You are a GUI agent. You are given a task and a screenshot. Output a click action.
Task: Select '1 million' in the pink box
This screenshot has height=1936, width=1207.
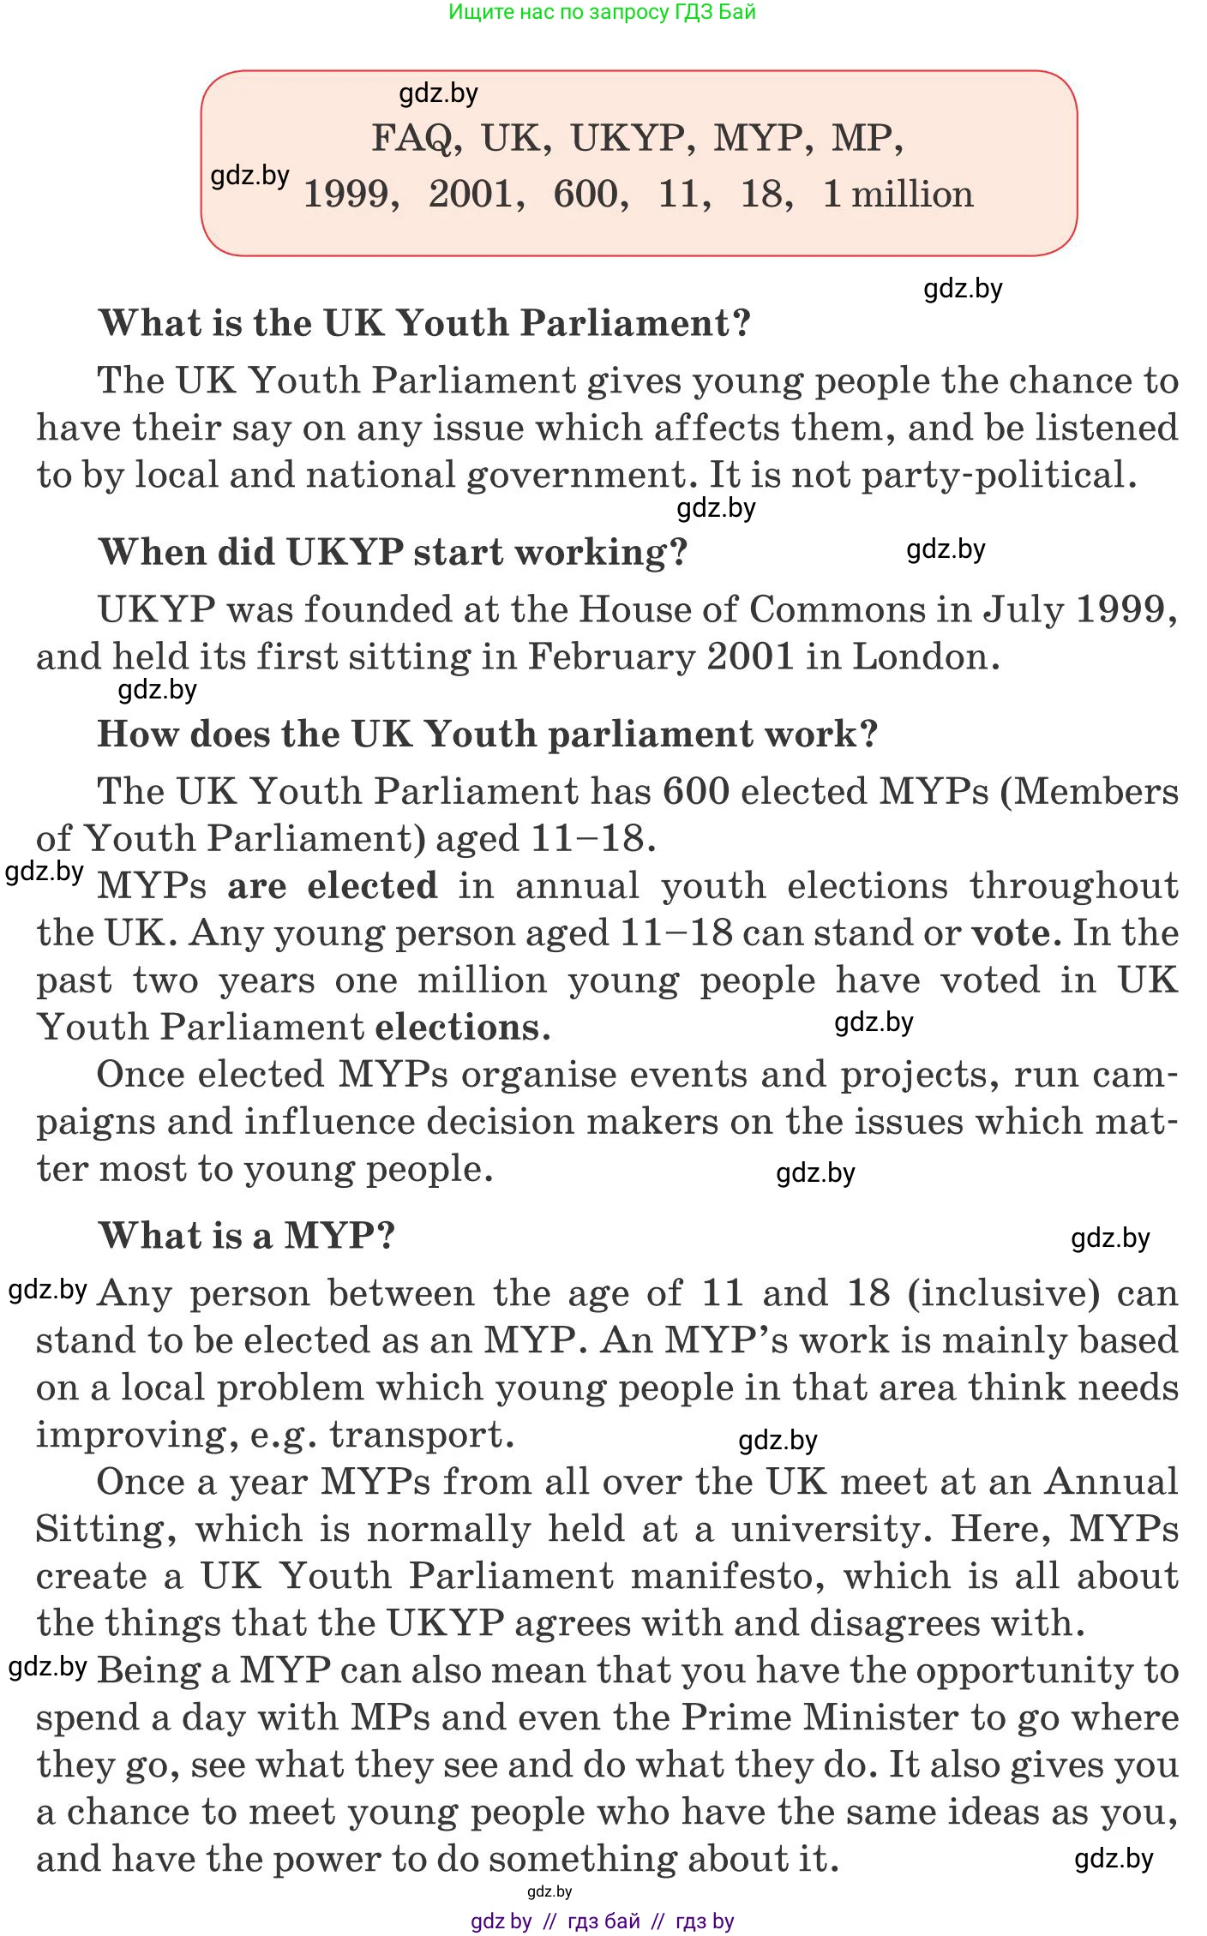(898, 194)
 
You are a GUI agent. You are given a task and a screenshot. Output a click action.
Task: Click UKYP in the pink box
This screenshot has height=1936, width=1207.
(628, 138)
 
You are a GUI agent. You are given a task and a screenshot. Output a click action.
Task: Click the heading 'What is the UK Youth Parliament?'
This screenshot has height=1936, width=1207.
(424, 323)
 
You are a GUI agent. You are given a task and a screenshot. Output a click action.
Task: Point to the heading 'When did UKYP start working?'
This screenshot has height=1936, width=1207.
(393, 552)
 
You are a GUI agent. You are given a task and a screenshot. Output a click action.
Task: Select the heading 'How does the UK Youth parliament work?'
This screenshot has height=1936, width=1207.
(487, 734)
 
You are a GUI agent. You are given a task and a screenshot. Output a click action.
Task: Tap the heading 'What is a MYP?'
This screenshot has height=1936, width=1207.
(247, 1235)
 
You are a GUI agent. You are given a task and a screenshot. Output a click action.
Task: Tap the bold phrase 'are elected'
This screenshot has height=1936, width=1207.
(333, 885)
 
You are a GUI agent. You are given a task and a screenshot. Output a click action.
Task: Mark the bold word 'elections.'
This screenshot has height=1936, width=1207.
(463, 1027)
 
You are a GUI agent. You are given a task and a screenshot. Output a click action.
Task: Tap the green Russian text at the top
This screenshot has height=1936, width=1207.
(602, 12)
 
